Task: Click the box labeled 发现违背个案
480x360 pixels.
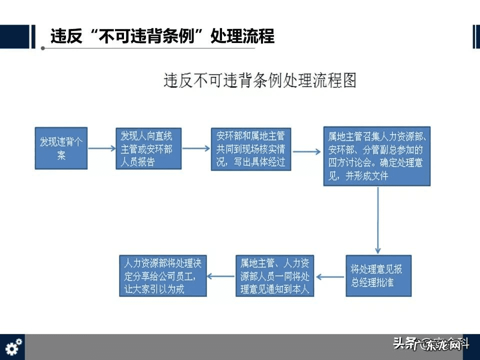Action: click(x=61, y=148)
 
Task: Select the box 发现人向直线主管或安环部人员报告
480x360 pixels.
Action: click(x=148, y=148)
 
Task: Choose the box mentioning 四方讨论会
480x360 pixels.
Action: click(x=378, y=156)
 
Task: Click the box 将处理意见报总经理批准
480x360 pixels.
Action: click(x=378, y=275)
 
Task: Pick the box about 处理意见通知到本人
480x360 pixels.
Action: click(x=274, y=275)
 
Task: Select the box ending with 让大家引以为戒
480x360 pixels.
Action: click(x=162, y=275)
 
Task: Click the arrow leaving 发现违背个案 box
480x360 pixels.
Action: click(x=101, y=148)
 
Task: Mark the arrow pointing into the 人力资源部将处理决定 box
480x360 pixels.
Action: click(x=221, y=276)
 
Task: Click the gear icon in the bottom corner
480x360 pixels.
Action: click(x=13, y=346)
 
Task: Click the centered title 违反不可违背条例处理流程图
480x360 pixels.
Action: click(x=259, y=80)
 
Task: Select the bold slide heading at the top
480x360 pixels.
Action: click(x=162, y=36)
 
